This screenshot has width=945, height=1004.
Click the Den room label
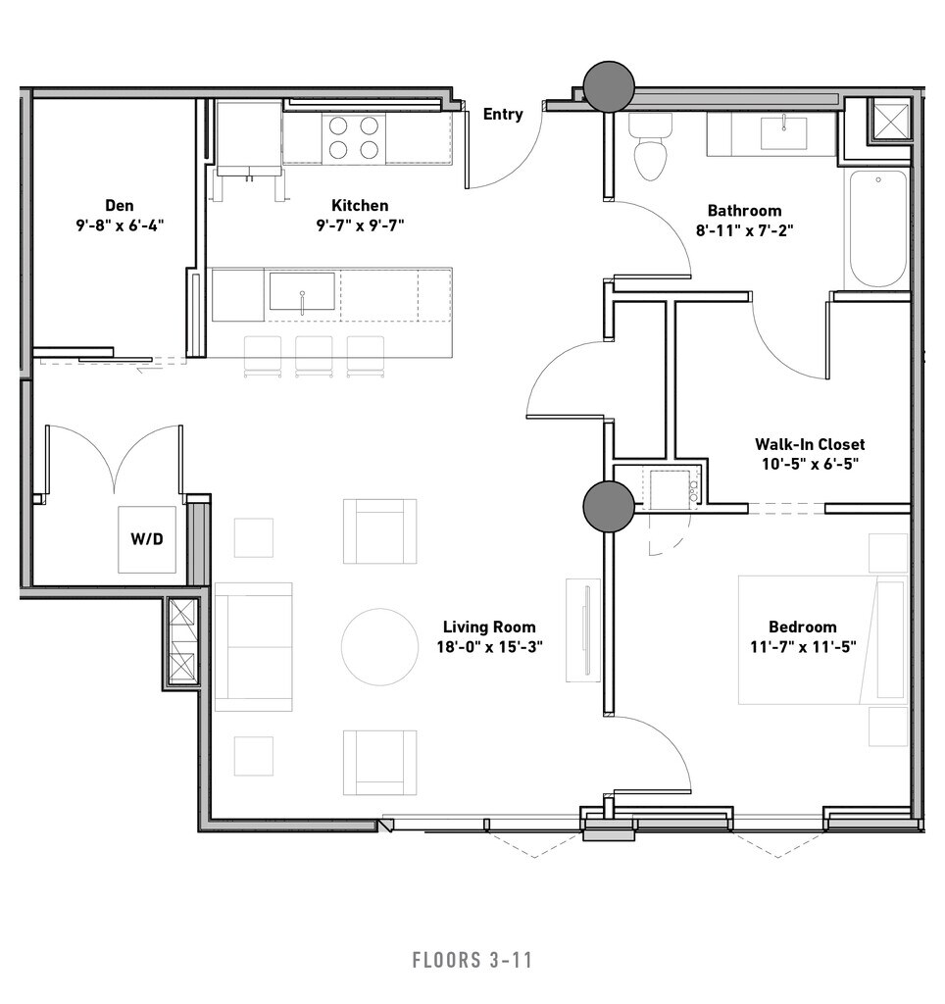120,206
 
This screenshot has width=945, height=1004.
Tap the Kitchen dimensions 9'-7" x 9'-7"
360,226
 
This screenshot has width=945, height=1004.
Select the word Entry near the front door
503,114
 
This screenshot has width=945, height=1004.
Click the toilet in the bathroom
651,147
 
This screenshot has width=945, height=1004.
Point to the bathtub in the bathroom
878,228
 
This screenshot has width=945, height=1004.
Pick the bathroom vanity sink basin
783,133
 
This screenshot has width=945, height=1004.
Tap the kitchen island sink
302,291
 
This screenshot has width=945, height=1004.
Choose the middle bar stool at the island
314,356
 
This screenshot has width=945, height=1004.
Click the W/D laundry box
147,539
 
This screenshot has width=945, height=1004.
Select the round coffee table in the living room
379,647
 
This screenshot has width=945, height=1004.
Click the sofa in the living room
254,647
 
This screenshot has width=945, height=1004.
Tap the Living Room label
489,627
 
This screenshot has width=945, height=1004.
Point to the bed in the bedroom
822,639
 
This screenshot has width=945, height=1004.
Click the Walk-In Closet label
810,444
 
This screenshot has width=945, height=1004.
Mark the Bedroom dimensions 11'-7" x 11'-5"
803,647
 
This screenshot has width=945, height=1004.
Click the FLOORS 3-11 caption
472,961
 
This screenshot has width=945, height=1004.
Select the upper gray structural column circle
609,86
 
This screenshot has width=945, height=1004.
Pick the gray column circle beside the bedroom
609,507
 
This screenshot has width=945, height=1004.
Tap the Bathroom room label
745,211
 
